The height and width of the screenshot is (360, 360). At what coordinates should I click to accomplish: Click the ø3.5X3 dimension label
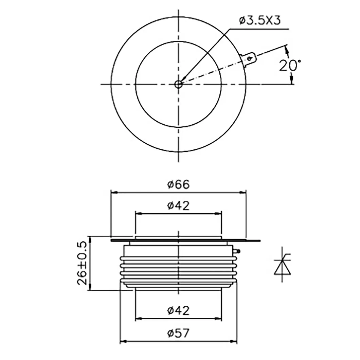click(x=259, y=21)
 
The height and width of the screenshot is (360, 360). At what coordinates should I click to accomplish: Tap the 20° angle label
click(x=290, y=65)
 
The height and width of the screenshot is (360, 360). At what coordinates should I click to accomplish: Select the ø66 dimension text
click(x=178, y=184)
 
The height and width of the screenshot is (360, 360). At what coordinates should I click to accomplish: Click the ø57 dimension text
click(x=178, y=334)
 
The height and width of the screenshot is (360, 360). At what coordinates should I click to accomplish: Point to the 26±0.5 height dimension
click(x=82, y=263)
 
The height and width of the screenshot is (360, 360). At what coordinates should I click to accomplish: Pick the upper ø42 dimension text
click(x=178, y=205)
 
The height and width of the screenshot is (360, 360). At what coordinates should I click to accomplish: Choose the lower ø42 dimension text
click(x=178, y=310)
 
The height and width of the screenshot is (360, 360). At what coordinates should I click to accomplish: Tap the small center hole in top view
click(x=178, y=84)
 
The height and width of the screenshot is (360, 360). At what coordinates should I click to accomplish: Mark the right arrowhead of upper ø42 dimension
click(x=218, y=214)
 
